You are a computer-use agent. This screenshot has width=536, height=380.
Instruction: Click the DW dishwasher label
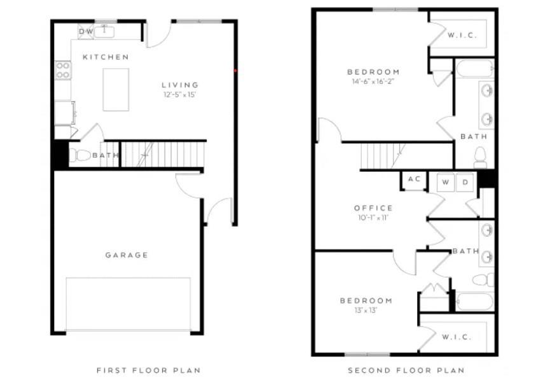click(85, 31)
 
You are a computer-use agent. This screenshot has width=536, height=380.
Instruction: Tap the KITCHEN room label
click(106, 57)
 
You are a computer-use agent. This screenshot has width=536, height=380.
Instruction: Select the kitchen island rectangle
click(116, 90)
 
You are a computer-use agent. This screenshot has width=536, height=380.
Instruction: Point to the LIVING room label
click(180, 85)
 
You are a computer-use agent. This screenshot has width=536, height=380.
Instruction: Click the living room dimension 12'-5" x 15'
click(180, 95)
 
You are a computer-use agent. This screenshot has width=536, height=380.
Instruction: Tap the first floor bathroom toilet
click(80, 155)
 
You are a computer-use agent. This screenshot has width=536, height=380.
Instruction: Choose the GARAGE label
click(127, 255)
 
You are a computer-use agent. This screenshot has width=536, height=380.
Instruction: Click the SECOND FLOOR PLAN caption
click(406, 370)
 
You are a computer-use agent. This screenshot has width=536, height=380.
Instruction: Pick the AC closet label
click(414, 180)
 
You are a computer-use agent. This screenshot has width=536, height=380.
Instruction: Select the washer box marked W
click(446, 183)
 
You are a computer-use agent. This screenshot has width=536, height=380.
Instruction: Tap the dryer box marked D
click(465, 183)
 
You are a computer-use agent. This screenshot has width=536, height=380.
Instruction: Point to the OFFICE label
click(373, 208)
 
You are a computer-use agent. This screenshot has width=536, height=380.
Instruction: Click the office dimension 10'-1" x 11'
click(373, 218)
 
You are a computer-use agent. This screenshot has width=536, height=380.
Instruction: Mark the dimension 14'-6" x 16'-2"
click(373, 81)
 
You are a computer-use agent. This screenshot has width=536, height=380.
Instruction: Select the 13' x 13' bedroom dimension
click(366, 310)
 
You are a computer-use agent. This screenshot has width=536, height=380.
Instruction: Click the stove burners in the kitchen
click(63, 70)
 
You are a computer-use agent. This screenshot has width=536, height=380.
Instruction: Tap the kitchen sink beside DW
click(104, 31)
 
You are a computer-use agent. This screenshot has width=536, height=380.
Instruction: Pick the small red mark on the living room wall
click(235, 71)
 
